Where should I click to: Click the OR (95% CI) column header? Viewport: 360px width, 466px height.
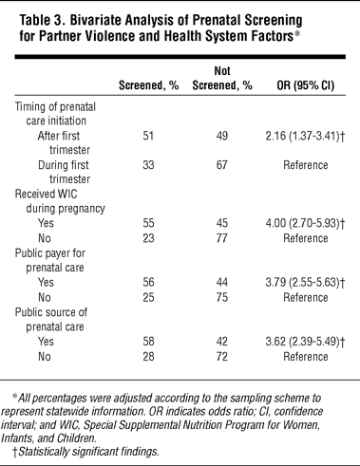(306, 85)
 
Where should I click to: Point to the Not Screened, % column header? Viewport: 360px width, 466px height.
(222, 78)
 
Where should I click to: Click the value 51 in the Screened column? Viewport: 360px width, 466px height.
(148, 136)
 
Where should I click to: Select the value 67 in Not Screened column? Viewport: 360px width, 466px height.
(222, 165)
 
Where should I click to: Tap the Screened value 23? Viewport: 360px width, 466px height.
(148, 238)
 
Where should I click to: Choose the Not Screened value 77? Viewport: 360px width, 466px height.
(222, 238)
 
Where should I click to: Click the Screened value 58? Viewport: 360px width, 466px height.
(148, 342)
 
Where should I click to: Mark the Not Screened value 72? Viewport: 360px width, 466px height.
(222, 357)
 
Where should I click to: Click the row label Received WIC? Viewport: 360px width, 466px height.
(46, 194)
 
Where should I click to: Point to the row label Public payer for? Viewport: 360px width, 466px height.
(50, 253)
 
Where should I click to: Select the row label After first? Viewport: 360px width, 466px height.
(59, 136)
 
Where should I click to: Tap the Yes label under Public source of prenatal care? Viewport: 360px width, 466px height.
(46, 342)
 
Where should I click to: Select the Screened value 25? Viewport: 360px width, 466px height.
(148, 297)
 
